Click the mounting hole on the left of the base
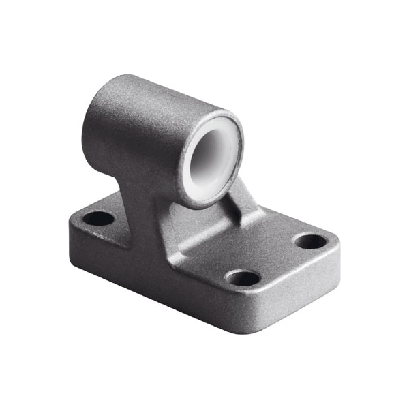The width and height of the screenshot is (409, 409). (100, 219)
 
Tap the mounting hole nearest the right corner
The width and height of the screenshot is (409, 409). (311, 241)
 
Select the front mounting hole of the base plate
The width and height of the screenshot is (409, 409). (243, 277)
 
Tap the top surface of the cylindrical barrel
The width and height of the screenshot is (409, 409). (157, 95)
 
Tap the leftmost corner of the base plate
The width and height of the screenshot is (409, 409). (70, 225)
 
